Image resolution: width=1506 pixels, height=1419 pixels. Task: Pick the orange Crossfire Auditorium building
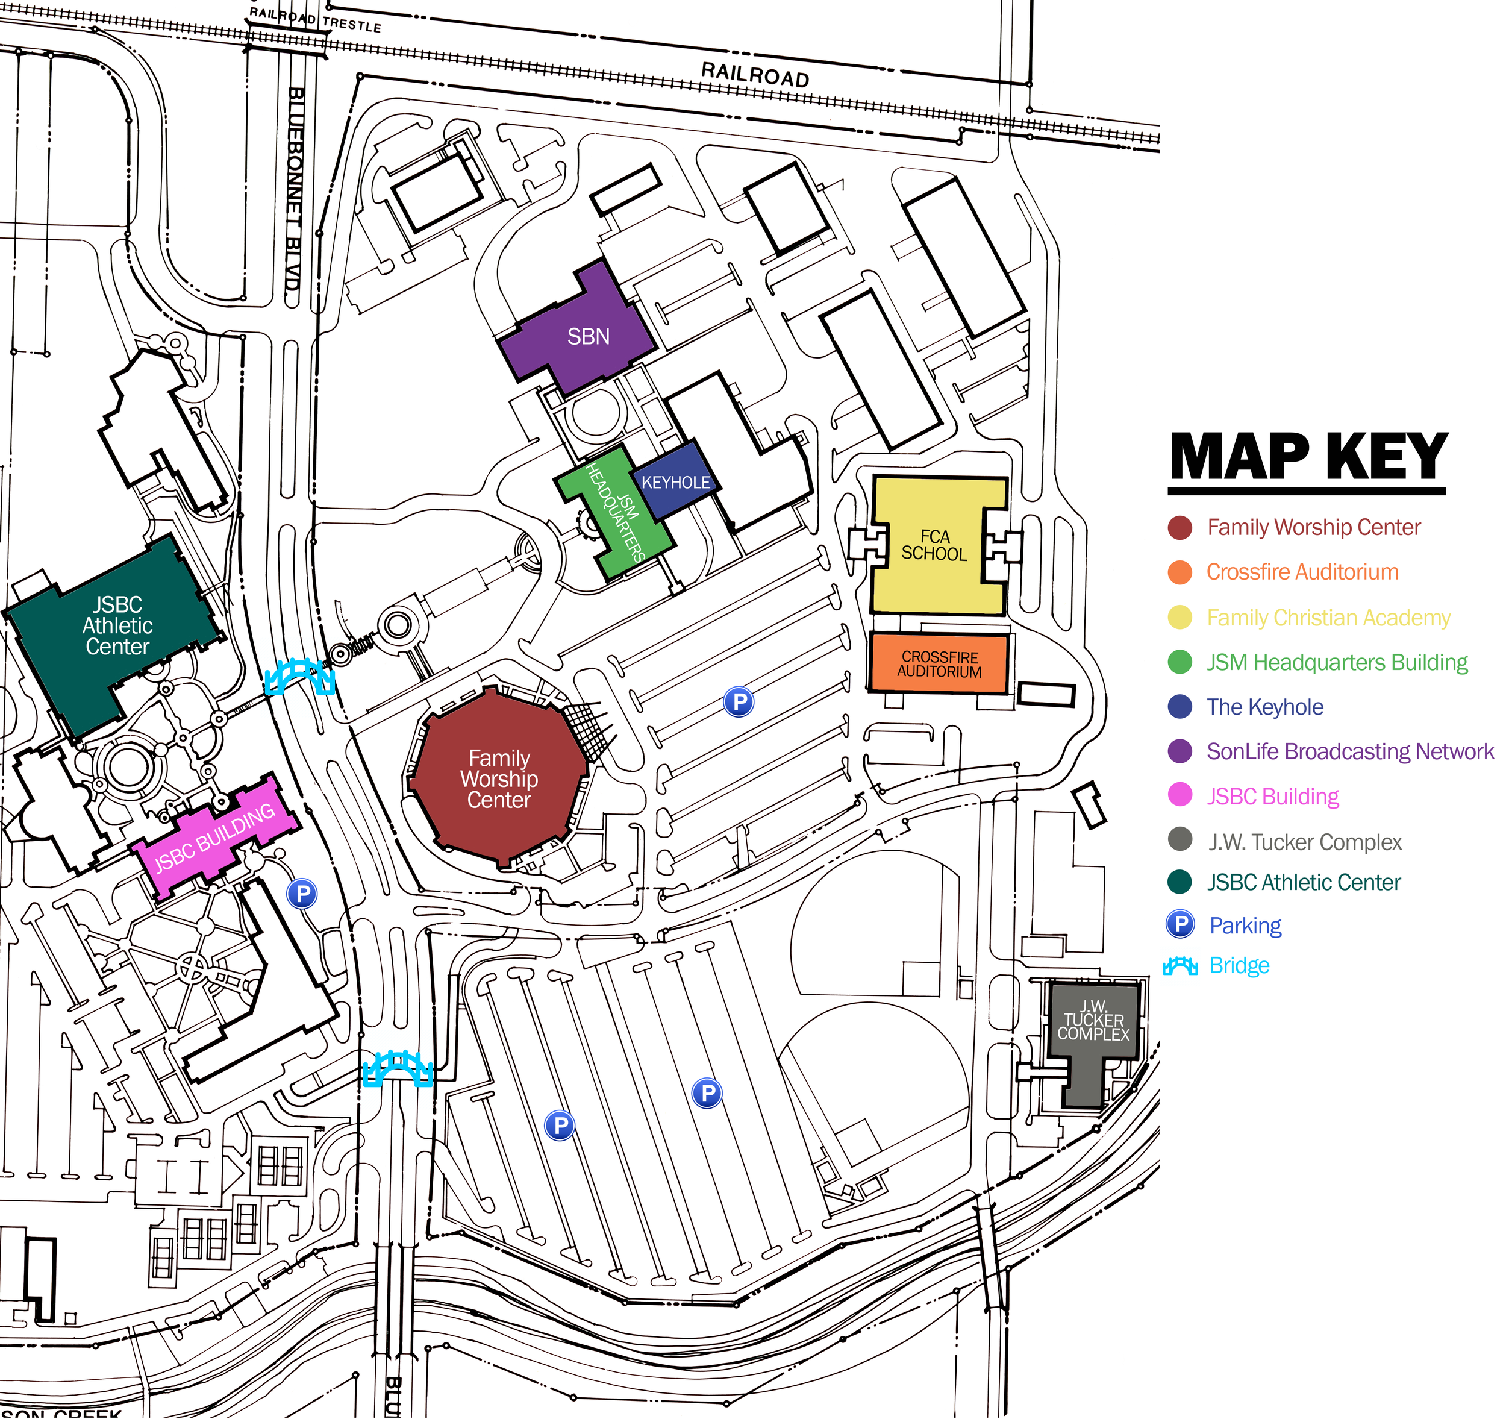pyautogui.click(x=939, y=665)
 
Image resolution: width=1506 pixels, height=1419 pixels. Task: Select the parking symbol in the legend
pyautogui.click(x=1180, y=924)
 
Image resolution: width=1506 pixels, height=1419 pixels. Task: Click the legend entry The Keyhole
pyautogui.click(x=1265, y=707)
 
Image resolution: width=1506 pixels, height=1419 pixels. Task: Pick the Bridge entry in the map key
pyautogui.click(x=1239, y=965)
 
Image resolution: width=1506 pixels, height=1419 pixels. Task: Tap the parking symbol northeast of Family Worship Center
pyautogui.click(x=739, y=701)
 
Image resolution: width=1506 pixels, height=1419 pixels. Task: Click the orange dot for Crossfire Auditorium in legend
pyautogui.click(x=1180, y=572)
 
